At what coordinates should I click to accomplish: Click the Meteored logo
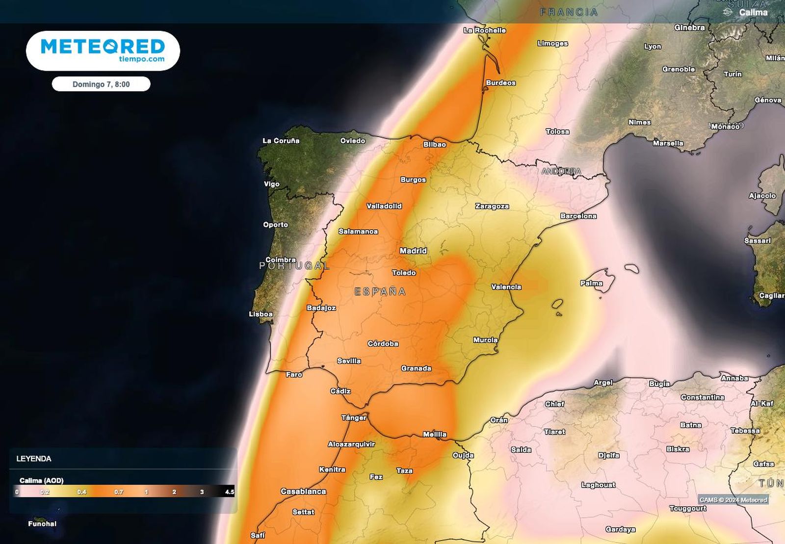pos(103,51)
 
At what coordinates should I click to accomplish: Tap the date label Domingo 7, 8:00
pos(101,84)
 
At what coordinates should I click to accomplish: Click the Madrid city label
pos(413,251)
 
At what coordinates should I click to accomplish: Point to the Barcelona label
pos(578,216)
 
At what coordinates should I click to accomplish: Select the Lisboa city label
pos(261,314)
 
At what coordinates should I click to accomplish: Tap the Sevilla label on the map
pos(349,361)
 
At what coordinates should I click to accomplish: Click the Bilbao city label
pos(435,144)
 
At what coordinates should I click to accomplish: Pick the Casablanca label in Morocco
pos(303,491)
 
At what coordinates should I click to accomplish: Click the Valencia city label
pos(506,287)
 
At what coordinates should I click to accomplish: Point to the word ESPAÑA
pos(380,292)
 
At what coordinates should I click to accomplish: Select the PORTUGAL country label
pos(294,266)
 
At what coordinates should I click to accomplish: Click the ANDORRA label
pos(561,171)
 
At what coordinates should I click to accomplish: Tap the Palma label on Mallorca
pos(591,283)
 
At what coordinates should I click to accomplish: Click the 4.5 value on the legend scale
pos(229,492)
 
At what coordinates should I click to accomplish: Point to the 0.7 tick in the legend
pos(119,492)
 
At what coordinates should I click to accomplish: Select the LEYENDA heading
pos(34,459)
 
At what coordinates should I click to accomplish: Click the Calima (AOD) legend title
pos(42,480)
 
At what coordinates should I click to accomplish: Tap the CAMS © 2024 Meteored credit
pos(733,500)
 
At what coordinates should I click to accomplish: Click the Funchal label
pos(42,524)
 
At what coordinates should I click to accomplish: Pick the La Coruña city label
pos(281,141)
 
